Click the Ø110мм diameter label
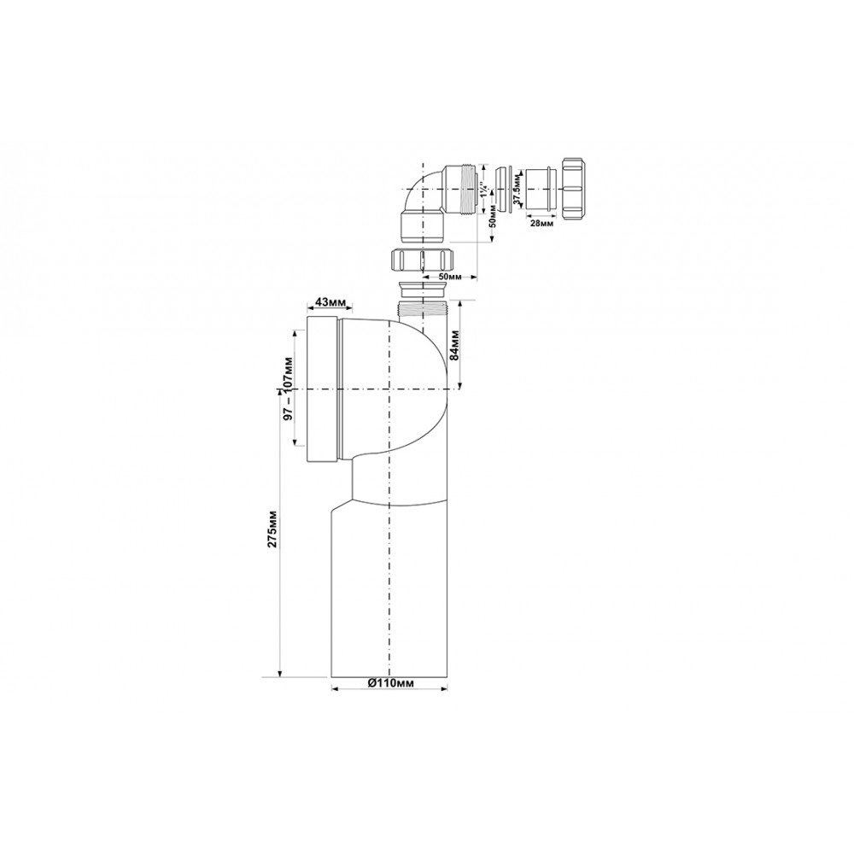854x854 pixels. point(389,683)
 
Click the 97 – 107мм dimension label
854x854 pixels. point(289,387)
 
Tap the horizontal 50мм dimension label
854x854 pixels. point(450,277)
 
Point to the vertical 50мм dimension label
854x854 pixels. point(493,216)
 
